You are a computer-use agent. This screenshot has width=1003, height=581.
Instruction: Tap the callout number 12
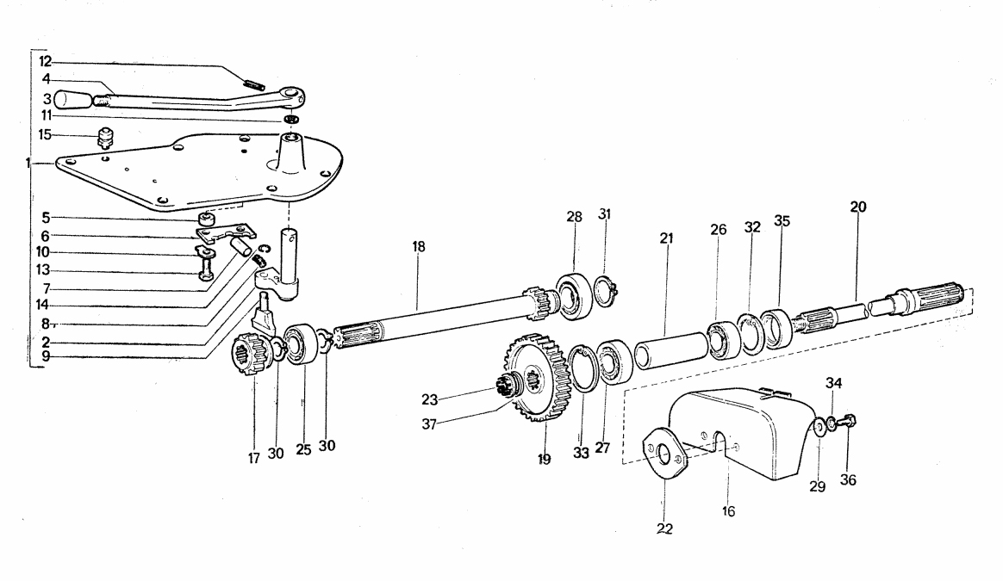coord(46,62)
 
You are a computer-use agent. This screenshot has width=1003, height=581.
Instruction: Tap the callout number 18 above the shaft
coord(418,247)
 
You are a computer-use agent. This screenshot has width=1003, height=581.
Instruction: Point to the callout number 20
coord(858,207)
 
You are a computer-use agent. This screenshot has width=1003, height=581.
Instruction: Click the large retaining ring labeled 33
coord(582,368)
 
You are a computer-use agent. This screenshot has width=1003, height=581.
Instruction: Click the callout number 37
coord(429,424)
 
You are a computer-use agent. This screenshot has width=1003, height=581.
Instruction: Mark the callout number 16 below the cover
coord(729,511)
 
